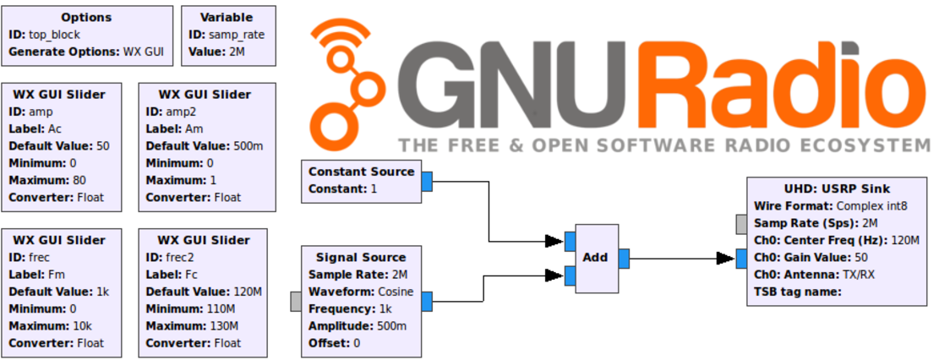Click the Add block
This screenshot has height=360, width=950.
click(x=597, y=259)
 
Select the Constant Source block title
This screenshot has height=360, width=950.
click(x=361, y=172)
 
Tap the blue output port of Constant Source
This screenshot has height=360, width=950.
click(x=427, y=181)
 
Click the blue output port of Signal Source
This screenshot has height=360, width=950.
click(x=427, y=301)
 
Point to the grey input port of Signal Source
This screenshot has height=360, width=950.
click(x=296, y=301)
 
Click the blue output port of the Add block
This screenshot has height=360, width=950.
click(x=624, y=259)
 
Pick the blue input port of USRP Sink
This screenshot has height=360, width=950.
click(x=741, y=259)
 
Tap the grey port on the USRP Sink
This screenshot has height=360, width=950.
click(x=741, y=224)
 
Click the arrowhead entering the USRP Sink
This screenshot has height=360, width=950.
click(x=726, y=259)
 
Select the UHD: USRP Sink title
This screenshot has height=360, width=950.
click(x=837, y=188)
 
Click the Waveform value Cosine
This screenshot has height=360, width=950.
click(x=395, y=292)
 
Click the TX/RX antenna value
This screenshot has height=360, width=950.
click(x=859, y=275)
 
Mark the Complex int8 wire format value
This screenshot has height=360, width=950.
click(x=872, y=206)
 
